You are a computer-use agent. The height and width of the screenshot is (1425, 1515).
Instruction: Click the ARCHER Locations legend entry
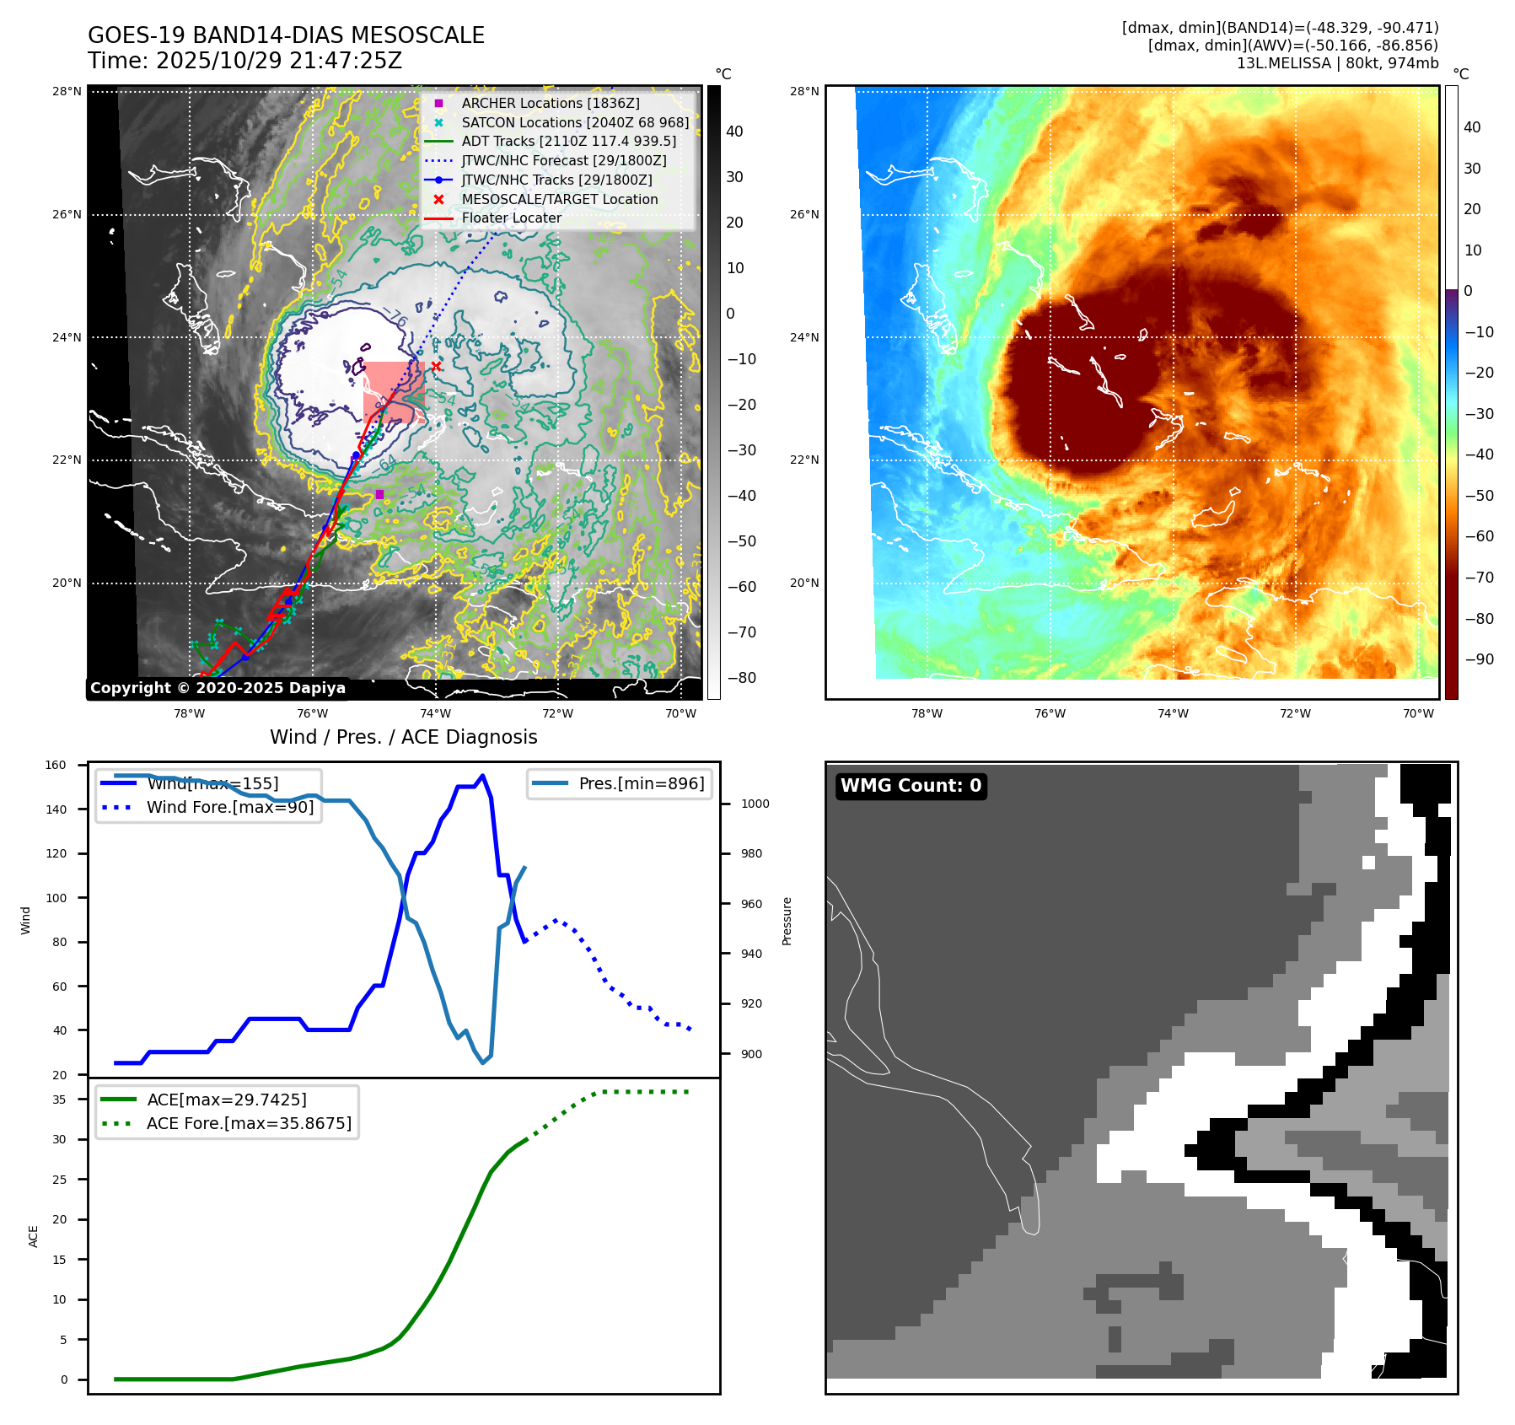click(550, 103)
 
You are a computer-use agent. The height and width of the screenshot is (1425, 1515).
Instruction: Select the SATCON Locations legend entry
click(575, 122)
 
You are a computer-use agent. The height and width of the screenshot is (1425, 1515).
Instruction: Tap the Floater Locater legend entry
click(511, 218)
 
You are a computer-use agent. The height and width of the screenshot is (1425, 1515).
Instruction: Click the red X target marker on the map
click(436, 366)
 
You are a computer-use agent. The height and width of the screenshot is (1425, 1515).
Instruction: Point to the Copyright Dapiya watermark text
click(218, 688)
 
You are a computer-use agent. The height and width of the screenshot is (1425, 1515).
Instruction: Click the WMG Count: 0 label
click(911, 786)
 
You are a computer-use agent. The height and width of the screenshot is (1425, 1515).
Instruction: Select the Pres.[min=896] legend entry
click(641, 783)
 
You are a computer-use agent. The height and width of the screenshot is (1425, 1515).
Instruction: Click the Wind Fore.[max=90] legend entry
click(229, 807)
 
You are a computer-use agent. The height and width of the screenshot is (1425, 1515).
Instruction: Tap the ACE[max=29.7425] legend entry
click(226, 1100)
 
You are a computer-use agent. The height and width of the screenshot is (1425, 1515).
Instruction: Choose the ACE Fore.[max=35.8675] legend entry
click(249, 1123)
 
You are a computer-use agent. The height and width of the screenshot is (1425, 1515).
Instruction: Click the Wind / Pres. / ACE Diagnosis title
click(403, 737)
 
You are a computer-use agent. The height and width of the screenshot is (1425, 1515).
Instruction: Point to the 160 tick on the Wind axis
click(56, 766)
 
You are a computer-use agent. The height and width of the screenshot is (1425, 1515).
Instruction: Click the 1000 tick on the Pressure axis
click(755, 804)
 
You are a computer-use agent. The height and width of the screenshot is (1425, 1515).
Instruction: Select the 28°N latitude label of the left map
click(67, 91)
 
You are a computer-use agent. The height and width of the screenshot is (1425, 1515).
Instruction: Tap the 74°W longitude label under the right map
click(1172, 713)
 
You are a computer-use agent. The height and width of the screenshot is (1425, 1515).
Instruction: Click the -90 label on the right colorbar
click(1479, 659)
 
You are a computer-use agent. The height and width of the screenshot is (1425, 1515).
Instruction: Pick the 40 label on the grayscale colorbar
click(734, 132)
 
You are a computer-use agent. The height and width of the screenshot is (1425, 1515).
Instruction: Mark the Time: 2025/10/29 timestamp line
click(244, 61)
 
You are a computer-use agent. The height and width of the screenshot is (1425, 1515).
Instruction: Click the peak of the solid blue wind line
click(482, 776)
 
